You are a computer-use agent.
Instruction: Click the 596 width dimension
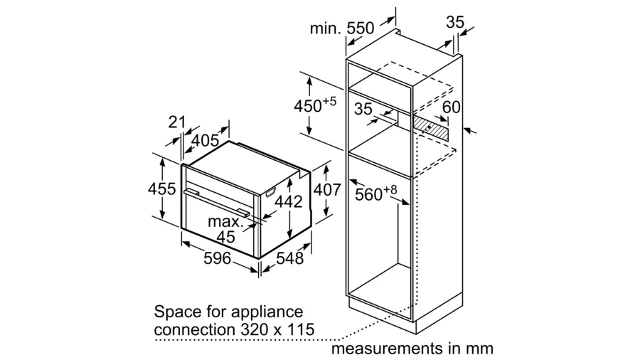(217, 258)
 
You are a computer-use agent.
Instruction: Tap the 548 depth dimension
(290, 258)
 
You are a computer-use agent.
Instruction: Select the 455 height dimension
(162, 189)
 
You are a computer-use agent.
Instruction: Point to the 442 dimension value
(289, 201)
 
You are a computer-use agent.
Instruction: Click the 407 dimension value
(327, 190)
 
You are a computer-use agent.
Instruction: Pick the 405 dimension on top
(205, 141)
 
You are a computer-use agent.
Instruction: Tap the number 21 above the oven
(177, 122)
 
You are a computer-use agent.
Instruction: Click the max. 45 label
(226, 229)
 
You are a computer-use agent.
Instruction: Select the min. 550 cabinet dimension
(342, 28)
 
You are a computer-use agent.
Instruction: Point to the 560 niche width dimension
(375, 193)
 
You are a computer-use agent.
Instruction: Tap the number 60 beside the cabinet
(452, 107)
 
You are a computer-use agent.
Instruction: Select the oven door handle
(216, 203)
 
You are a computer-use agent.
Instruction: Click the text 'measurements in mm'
(412, 349)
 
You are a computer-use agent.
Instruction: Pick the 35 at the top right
(455, 22)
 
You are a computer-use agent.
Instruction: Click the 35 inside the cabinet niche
(363, 109)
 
